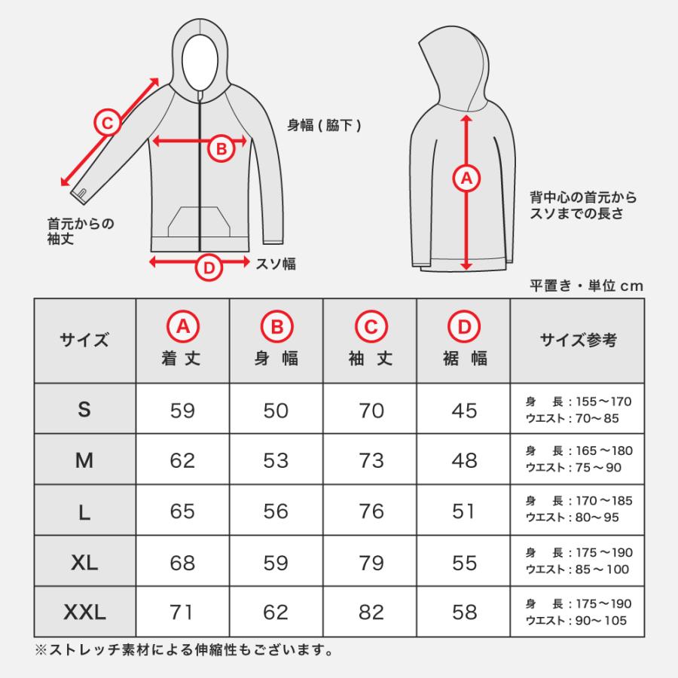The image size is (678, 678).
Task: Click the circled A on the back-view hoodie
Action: (466, 179)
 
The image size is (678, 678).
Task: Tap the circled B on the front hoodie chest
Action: (221, 148)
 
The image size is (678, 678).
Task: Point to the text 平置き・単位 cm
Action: (587, 286)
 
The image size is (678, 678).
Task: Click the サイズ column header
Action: (84, 340)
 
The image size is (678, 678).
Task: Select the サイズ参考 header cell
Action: (578, 340)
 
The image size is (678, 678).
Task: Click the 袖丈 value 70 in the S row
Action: (371, 410)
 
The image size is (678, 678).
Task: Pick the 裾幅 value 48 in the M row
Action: (465, 460)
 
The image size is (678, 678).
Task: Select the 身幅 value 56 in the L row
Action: (276, 511)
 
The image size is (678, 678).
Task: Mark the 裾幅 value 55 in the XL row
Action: (465, 562)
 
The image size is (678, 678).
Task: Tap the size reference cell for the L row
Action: (578, 510)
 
